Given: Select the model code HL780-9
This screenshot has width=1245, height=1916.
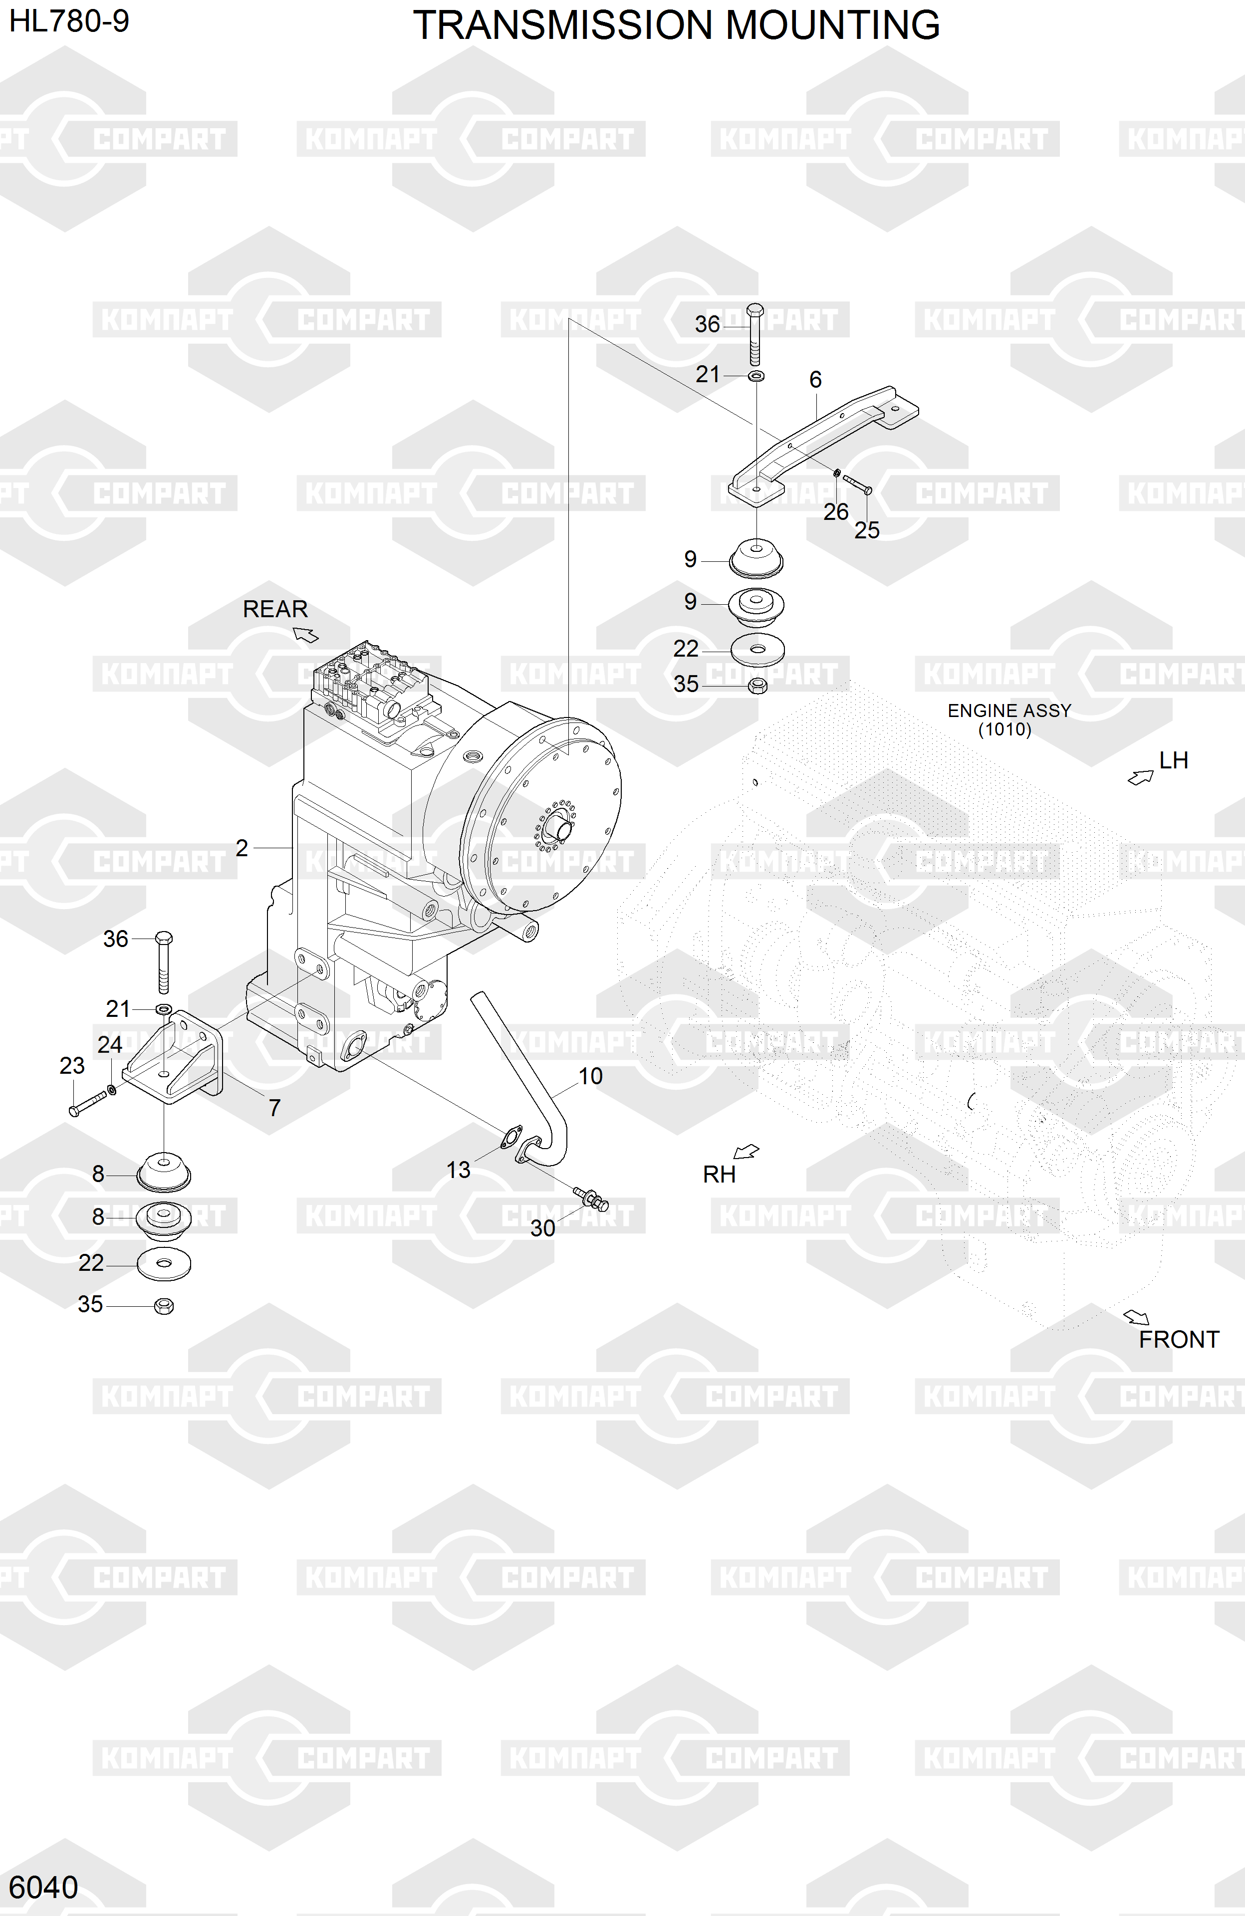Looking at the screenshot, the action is click(x=69, y=21).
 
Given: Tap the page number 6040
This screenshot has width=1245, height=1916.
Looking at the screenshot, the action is click(x=43, y=1887).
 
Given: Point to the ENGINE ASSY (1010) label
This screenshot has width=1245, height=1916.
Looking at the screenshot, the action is click(x=1008, y=719).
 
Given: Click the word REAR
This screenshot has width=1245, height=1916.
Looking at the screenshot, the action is click(x=275, y=609).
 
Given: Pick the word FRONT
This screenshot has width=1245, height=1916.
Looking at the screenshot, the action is click(x=1178, y=1340).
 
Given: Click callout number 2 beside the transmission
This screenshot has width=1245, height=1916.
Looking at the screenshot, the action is click(x=242, y=848).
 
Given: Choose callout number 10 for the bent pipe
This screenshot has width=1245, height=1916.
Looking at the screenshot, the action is click(x=590, y=1076).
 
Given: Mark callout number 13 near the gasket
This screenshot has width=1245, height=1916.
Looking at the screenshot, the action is click(x=458, y=1170).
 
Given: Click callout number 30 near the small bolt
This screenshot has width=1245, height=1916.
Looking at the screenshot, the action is click(x=543, y=1228).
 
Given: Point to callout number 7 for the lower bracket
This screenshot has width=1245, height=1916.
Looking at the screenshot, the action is click(x=274, y=1108).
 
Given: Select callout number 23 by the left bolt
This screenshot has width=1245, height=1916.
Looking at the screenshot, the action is click(x=72, y=1066).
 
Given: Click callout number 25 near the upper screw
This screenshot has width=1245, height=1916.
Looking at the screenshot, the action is click(x=866, y=530).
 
